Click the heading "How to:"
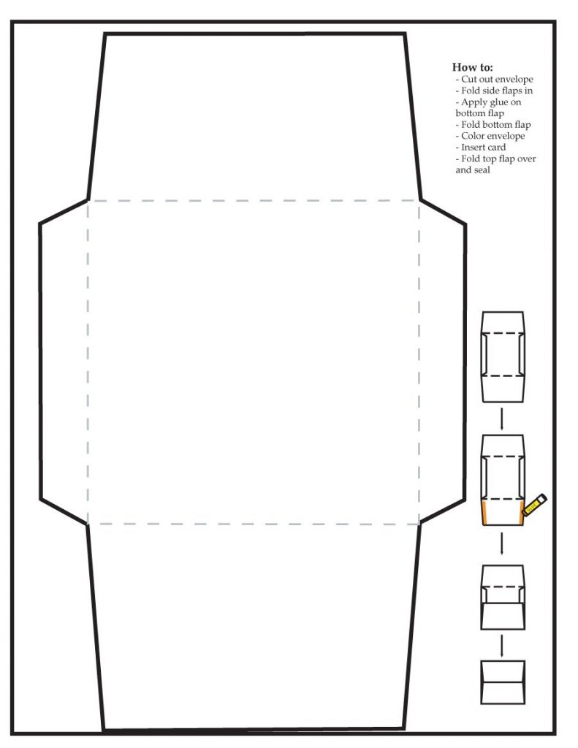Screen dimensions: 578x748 click(472, 67)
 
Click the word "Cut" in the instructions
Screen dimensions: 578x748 click(468, 79)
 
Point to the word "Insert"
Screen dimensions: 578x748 click(474, 148)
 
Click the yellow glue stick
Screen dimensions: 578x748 click(535, 505)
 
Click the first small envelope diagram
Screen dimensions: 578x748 click(503, 356)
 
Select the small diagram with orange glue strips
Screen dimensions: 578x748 click(503, 480)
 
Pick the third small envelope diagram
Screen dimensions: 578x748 click(503, 598)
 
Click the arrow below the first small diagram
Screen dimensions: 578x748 click(501, 419)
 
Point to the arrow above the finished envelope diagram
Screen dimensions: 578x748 click(501, 645)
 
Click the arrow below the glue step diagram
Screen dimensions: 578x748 click(501, 543)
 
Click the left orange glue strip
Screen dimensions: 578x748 click(484, 514)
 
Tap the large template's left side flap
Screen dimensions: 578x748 click(64, 362)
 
